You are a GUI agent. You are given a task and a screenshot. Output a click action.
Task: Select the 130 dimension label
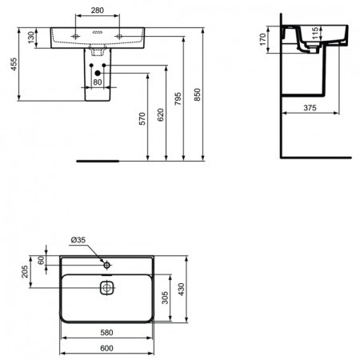tap(30, 38)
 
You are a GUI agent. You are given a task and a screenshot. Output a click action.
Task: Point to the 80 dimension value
tap(98, 81)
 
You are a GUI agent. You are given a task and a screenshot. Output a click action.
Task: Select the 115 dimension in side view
tap(315, 33)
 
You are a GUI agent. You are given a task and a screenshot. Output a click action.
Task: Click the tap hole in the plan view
tap(107, 263)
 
